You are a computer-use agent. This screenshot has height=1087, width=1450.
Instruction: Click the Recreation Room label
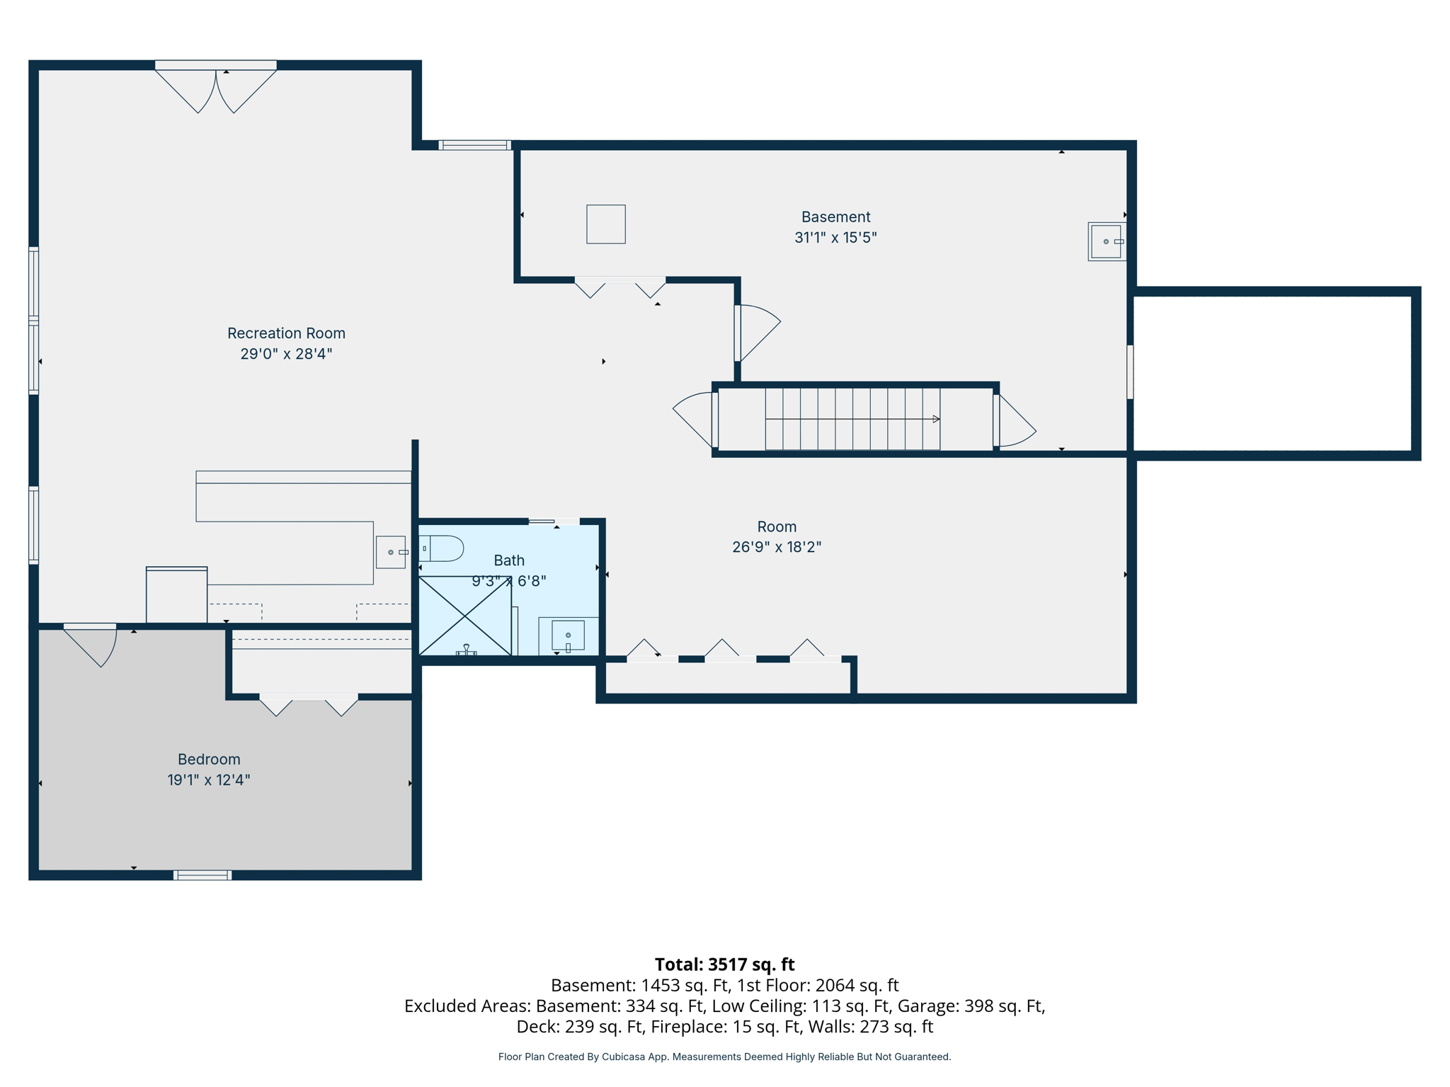click(286, 333)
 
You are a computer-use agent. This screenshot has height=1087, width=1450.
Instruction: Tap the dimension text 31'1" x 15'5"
click(835, 238)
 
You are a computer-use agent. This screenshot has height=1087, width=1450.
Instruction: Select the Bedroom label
click(209, 759)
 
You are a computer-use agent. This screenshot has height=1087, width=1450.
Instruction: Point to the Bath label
click(509, 560)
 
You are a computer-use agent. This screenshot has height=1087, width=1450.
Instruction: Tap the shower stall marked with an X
click(464, 616)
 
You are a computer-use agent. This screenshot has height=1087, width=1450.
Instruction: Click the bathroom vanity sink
click(568, 635)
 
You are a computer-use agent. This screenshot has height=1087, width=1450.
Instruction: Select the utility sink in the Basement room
click(1106, 242)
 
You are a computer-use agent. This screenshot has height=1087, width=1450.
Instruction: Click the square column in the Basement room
click(606, 224)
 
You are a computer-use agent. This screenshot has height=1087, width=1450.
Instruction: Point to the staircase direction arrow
click(936, 419)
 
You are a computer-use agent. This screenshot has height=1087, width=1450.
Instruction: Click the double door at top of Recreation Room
click(216, 88)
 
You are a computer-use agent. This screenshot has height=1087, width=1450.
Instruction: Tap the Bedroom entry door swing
click(96, 644)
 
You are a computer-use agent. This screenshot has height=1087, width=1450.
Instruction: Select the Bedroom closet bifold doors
click(309, 703)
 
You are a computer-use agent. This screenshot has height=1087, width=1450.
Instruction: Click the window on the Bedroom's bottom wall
click(202, 875)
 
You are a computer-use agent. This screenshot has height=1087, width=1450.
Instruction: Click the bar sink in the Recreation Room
click(391, 552)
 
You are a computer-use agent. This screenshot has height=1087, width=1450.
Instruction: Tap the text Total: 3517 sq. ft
click(724, 965)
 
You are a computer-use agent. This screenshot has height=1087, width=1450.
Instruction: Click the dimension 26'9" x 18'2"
click(777, 547)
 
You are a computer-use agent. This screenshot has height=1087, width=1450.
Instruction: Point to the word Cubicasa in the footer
click(624, 1057)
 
